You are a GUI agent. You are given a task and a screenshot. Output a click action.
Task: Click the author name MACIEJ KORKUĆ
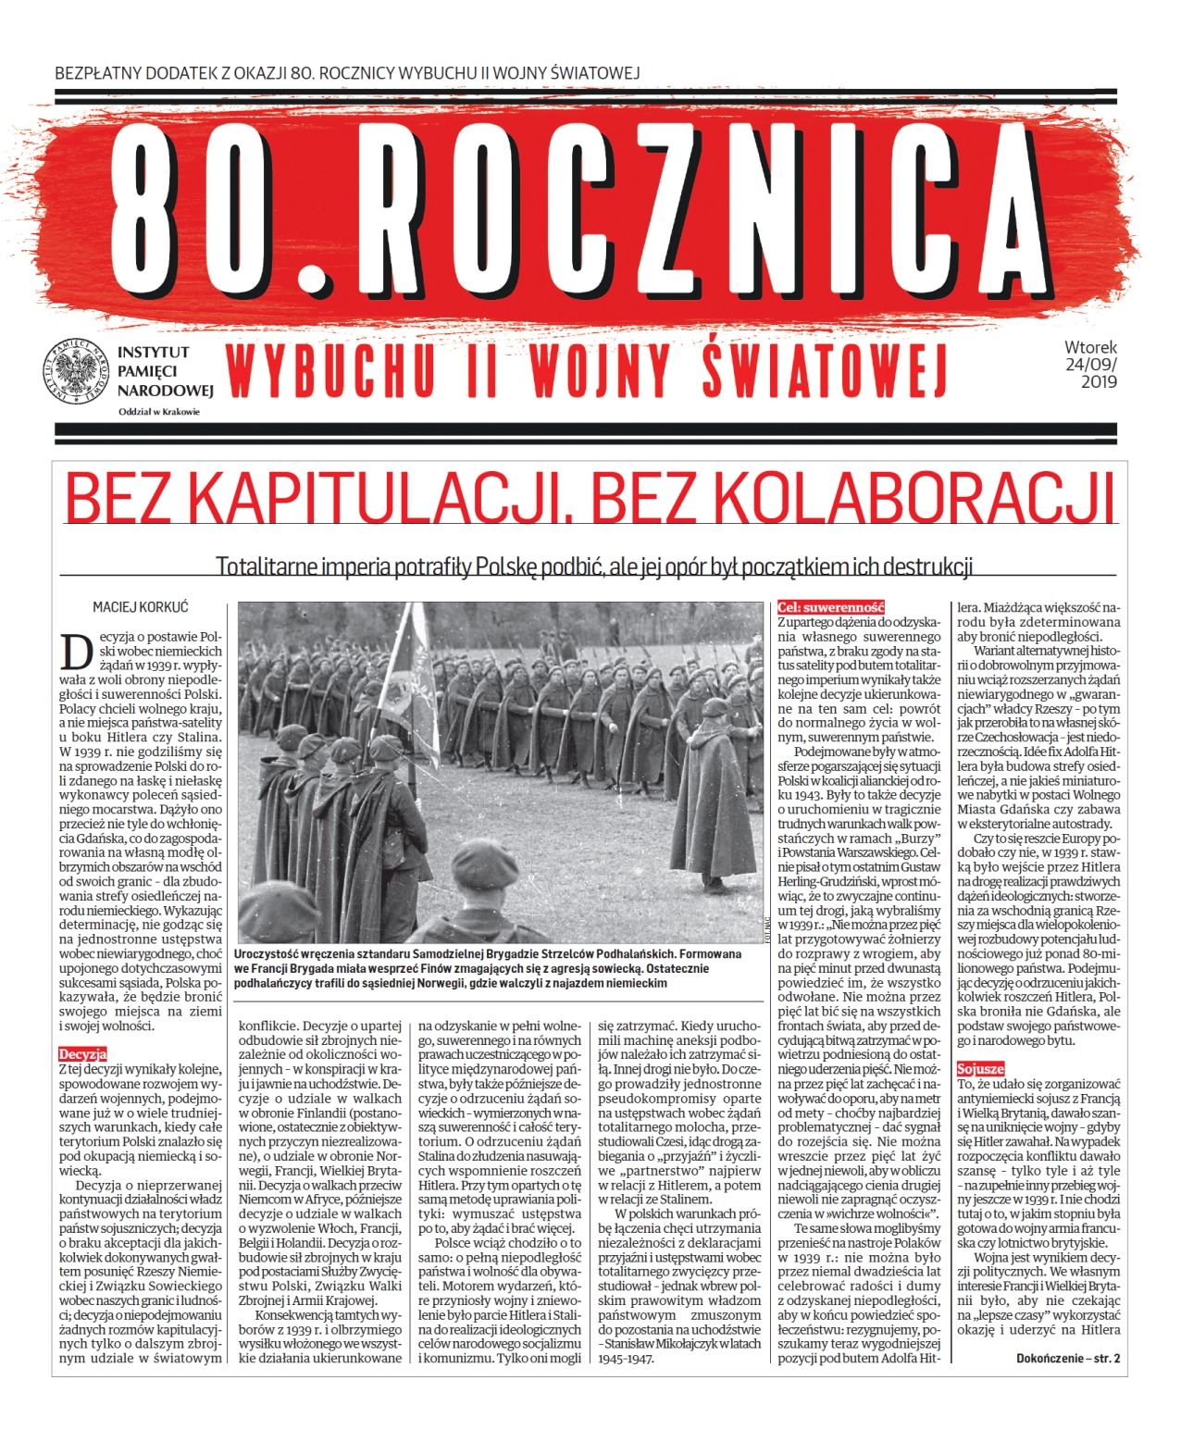pyautogui.click(x=140, y=607)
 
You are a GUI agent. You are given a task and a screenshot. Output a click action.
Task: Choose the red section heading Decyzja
pyautogui.click(x=83, y=1053)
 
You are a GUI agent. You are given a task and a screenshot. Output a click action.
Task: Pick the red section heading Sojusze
pyautogui.click(x=980, y=1068)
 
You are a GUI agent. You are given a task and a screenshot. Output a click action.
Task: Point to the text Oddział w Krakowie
pyautogui.click(x=158, y=412)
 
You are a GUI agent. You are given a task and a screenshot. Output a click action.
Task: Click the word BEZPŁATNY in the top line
pyautogui.click(x=101, y=72)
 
